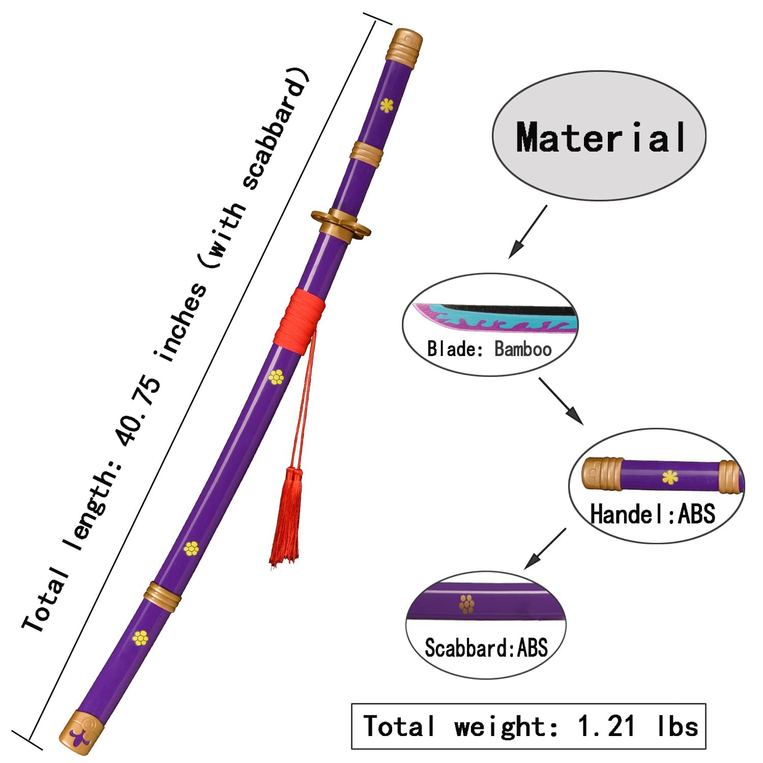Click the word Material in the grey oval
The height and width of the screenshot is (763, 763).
pos(600,137)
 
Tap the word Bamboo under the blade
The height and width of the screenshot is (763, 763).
pos(523,349)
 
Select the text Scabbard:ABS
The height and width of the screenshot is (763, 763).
pos(486,648)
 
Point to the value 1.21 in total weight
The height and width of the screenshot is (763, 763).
pos(606,726)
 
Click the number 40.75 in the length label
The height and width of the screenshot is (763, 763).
pos(140,412)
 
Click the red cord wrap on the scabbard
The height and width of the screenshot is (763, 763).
pos(300,320)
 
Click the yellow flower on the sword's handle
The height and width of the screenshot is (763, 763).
pos(387,105)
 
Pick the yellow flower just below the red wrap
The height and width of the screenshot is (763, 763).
pos(276,377)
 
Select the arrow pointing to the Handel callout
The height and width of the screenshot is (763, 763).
pos(561,401)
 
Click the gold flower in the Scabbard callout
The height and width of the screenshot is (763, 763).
pos(466,604)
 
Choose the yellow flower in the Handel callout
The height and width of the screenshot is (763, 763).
pos(670,477)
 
